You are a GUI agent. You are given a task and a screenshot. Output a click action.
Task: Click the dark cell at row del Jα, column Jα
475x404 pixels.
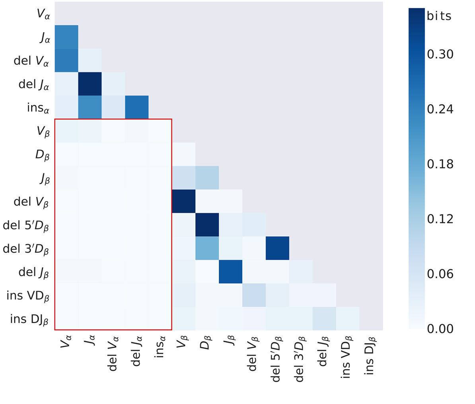90,84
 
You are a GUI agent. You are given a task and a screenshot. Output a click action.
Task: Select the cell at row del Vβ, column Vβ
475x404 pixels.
183,201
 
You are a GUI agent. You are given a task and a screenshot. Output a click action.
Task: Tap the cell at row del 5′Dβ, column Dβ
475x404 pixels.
207,225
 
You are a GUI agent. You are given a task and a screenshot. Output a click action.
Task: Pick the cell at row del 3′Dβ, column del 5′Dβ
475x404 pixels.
277,248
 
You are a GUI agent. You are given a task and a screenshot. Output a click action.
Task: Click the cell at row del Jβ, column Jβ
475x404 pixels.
230,272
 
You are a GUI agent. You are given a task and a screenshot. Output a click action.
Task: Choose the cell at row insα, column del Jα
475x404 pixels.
136,107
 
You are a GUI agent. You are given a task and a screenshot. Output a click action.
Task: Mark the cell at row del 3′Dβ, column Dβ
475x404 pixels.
207,248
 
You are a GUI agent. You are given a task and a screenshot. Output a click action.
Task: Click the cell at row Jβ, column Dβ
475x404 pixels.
207,178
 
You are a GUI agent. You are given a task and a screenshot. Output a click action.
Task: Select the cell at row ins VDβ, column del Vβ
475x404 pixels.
254,295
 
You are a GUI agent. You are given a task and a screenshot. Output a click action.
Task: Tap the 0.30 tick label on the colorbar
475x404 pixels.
440,54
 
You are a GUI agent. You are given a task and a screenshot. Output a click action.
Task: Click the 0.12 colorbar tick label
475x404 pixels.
440,219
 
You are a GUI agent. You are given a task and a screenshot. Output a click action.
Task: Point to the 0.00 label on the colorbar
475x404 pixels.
440,329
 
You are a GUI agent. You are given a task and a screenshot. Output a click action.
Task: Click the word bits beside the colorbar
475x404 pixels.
439,16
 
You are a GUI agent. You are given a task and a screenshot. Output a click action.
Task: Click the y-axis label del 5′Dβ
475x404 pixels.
26,226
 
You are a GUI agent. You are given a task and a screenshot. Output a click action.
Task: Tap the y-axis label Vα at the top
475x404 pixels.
43,14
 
